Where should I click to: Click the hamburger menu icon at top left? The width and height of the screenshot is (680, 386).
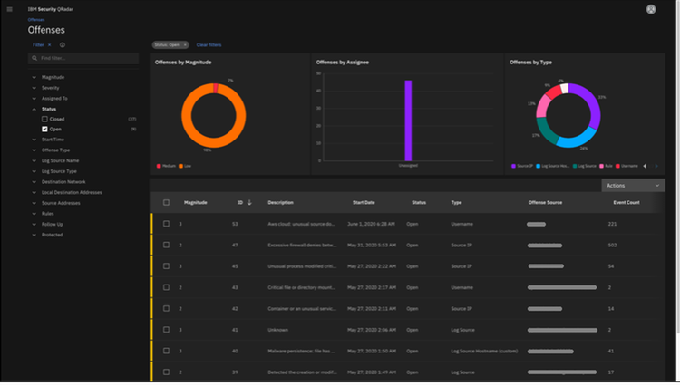[x=8, y=8]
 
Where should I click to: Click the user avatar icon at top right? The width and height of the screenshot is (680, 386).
[x=650, y=9]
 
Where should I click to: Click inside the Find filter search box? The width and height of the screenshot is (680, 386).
[x=86, y=58]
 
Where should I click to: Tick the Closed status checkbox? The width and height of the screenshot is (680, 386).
[x=44, y=119]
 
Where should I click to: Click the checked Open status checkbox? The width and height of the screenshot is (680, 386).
[x=44, y=129]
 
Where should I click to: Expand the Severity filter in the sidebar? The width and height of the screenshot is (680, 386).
[x=50, y=88]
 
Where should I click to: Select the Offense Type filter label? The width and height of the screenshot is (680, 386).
[x=55, y=150]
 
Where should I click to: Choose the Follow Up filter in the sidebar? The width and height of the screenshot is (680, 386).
[x=52, y=224]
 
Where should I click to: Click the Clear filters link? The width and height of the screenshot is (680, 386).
[x=209, y=44]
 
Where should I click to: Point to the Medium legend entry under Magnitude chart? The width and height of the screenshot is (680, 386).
[x=169, y=166]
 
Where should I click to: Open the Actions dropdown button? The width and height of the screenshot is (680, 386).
[x=633, y=185]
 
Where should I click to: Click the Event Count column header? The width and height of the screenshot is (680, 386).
[x=626, y=202]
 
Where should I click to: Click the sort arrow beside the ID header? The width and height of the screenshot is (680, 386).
[x=249, y=202]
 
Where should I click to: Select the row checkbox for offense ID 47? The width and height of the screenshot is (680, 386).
[x=166, y=245]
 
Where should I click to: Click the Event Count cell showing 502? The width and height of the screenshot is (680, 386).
[x=613, y=245]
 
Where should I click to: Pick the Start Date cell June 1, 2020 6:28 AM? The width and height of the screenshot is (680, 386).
[x=371, y=223]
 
